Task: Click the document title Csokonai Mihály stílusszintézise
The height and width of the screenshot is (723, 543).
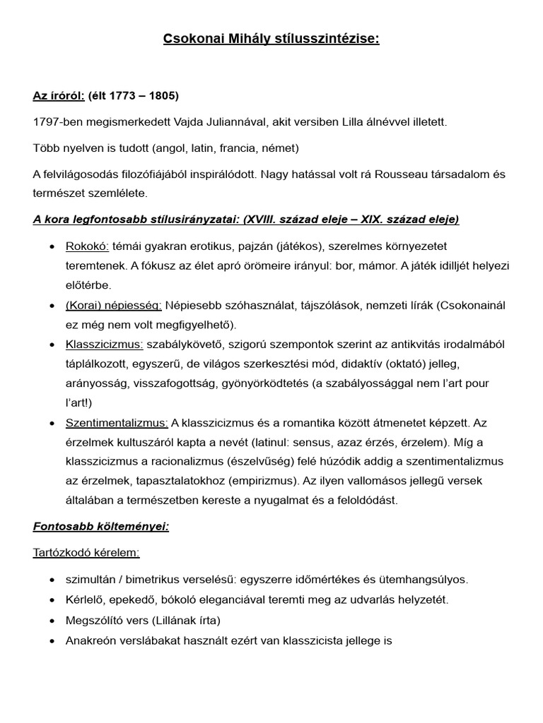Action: pos(271,40)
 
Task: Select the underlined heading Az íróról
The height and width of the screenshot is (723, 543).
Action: pos(59,95)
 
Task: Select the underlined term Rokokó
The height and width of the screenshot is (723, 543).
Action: pos(87,246)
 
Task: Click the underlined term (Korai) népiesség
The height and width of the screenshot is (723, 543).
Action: pos(114,305)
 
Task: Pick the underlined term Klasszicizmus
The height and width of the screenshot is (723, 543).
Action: pos(104,344)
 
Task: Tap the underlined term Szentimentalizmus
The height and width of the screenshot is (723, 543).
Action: pos(117,422)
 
